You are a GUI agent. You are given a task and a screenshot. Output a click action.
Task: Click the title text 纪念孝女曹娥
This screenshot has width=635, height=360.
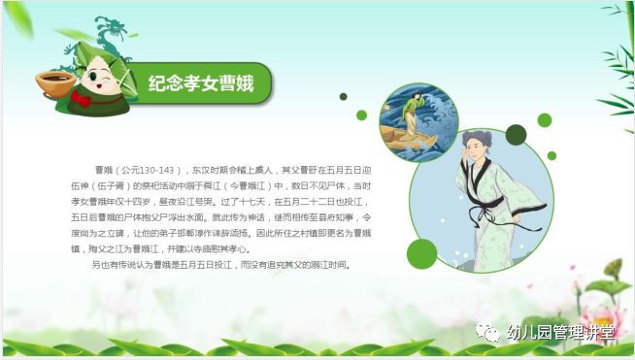click(200, 82)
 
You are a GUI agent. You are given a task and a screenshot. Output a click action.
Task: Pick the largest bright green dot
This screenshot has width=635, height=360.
click(421, 253)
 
